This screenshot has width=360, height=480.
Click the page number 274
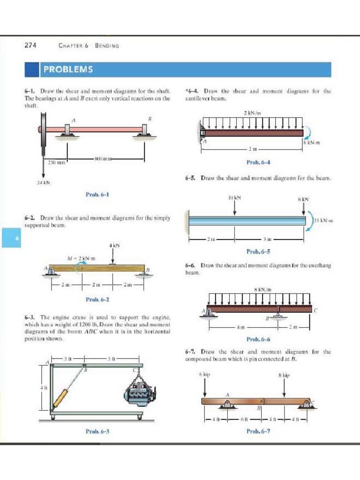[30, 45]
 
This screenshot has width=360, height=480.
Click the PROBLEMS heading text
[68, 70]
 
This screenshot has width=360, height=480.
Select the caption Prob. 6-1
[98, 194]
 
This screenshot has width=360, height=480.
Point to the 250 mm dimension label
[56, 162]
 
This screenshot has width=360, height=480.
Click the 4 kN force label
[114, 245]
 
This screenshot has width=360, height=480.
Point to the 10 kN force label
[234, 198]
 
